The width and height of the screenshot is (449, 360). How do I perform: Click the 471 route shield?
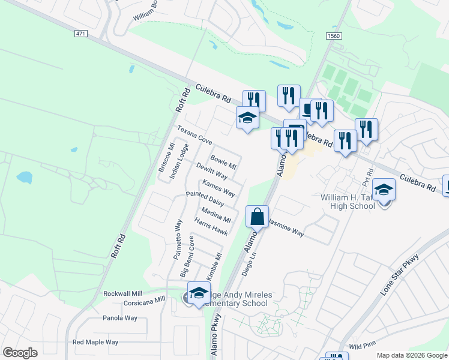(81, 34)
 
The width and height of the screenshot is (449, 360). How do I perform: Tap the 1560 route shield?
(334, 37)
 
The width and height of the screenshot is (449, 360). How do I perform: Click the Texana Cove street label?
(194, 135)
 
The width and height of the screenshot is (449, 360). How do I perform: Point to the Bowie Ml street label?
(223, 163)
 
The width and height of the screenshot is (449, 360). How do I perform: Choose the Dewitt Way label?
(211, 171)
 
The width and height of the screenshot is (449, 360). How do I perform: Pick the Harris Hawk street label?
(211, 226)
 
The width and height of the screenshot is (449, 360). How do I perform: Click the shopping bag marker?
(257, 217)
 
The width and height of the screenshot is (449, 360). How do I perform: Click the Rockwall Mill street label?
(125, 293)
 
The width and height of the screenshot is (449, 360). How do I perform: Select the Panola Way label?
(120, 318)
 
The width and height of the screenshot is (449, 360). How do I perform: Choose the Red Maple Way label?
(95, 342)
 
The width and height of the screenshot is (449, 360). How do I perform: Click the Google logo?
(20, 353)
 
